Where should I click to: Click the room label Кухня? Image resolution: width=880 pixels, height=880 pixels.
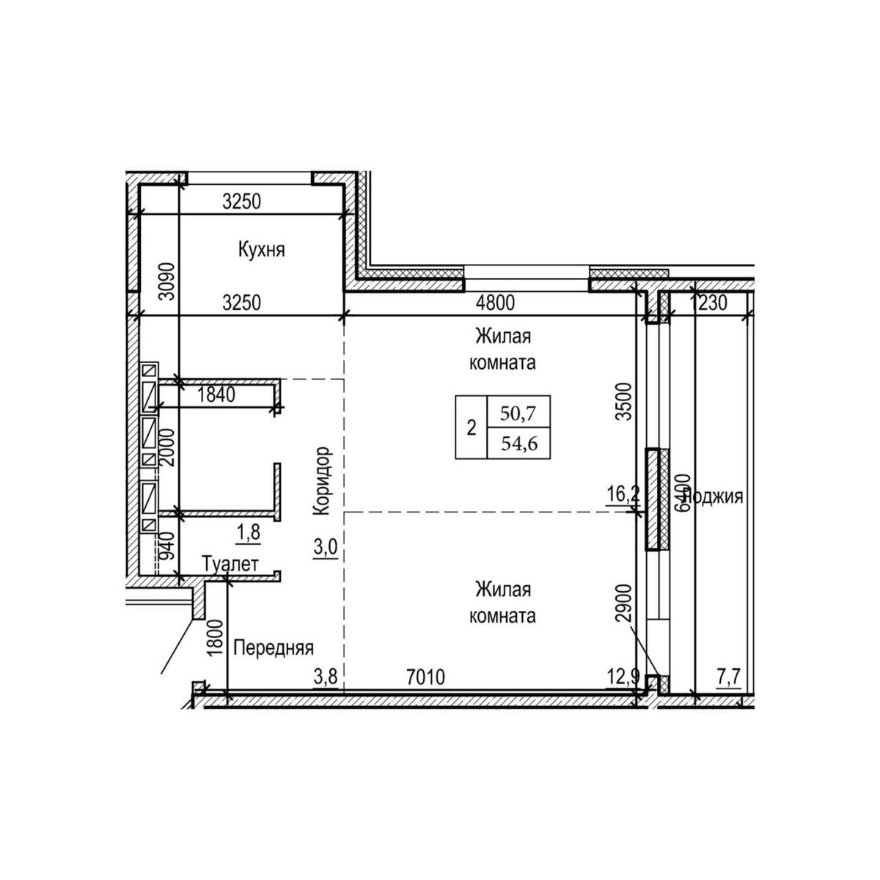coord(261,250)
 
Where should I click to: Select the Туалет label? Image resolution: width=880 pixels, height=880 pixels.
coord(230,565)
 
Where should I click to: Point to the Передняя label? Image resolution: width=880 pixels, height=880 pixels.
coord(274,648)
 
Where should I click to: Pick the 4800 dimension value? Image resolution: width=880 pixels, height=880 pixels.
coord(496,302)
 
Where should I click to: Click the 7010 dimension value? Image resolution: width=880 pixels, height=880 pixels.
coord(425,677)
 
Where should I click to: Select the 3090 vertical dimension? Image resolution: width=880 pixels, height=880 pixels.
coord(167,282)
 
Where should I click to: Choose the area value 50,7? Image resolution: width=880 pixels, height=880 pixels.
coord(517,412)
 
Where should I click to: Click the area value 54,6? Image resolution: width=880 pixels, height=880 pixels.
coord(517,443)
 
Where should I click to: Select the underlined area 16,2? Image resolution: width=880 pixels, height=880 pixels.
coord(623,494)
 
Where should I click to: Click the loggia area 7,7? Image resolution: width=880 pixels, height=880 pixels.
coord(727,677)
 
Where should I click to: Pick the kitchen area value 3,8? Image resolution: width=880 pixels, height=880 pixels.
coord(325,677)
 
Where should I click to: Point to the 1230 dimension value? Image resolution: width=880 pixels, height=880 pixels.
coord(710,302)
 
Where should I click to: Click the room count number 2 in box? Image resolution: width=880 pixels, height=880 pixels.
coord(472,427)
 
